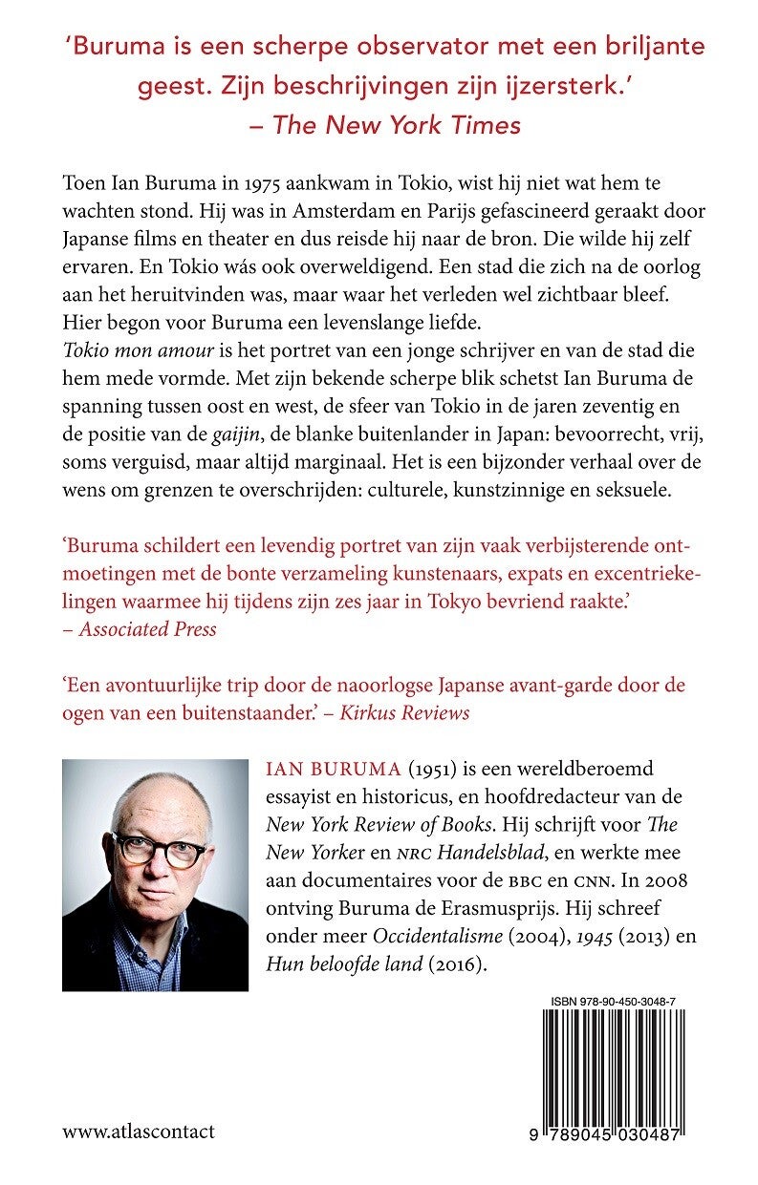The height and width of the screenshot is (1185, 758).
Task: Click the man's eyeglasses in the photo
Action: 158,848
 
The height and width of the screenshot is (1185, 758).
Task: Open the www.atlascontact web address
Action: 139,1132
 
